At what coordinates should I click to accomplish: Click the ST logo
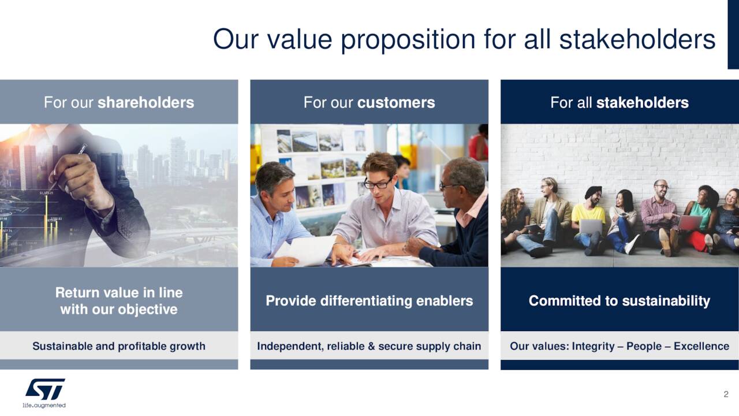point(45,389)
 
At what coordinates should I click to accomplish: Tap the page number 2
point(726,394)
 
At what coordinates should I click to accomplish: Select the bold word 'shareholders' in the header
point(145,103)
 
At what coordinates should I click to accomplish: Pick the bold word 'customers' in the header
point(396,103)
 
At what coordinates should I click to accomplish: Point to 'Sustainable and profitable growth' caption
point(119,346)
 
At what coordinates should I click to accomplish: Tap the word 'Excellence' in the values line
point(701,346)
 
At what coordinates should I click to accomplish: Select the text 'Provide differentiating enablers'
point(369,300)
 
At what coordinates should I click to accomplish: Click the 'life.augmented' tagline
point(44,405)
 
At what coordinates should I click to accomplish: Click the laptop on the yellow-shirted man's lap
point(590,226)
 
